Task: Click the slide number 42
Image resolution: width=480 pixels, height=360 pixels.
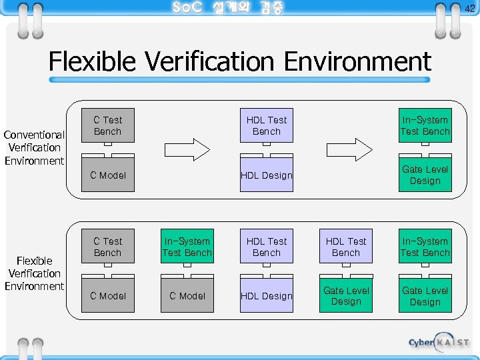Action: coord(469,9)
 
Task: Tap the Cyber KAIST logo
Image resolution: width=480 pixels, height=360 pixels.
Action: coord(439,342)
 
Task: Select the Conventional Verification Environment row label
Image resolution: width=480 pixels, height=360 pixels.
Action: coord(35,147)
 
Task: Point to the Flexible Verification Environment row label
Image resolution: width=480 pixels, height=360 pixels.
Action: coord(35,273)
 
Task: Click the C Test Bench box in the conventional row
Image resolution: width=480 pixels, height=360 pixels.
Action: coord(107,125)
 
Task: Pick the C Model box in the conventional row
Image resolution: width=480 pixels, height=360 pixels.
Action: coord(107,175)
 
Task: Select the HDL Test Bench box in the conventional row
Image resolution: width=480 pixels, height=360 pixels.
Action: coord(267,125)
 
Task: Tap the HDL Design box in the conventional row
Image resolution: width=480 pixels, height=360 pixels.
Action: coord(267,175)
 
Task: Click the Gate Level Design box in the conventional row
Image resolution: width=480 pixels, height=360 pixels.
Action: coord(425,175)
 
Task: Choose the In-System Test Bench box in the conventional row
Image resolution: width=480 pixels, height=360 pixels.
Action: coord(425,125)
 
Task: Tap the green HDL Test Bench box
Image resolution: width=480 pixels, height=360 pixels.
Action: coord(346,247)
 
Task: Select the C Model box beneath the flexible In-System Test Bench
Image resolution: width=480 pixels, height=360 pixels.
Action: coord(187,296)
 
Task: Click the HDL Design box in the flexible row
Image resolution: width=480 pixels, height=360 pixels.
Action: coord(267,296)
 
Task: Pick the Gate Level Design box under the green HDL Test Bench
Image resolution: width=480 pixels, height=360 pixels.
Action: coord(346,296)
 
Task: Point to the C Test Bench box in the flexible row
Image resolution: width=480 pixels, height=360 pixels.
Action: coord(107,247)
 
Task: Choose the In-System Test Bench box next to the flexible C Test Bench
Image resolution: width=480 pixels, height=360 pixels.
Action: coord(187,247)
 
